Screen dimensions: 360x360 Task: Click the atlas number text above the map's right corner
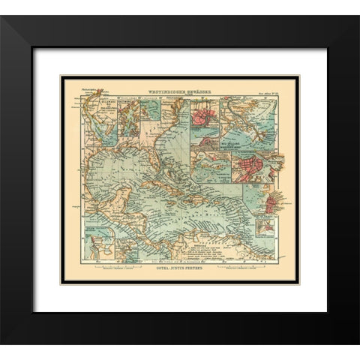(x=266, y=91)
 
